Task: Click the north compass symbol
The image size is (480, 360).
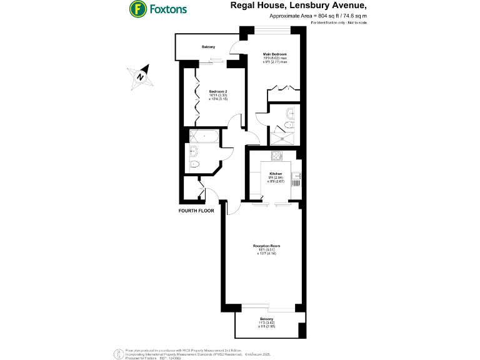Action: (141, 76)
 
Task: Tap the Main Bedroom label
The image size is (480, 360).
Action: (274, 54)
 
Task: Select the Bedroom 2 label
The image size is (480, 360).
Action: (218, 91)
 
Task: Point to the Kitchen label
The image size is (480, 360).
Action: (276, 173)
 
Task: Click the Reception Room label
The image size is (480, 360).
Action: (266, 246)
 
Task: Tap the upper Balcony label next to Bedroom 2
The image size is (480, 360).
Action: (208, 47)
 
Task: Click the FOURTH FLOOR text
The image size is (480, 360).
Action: (196, 211)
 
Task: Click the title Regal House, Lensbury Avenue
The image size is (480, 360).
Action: (297, 6)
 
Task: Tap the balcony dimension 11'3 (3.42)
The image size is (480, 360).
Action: (267, 322)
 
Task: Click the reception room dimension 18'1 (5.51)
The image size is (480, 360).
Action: (266, 250)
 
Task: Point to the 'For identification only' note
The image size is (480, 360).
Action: (337, 22)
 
